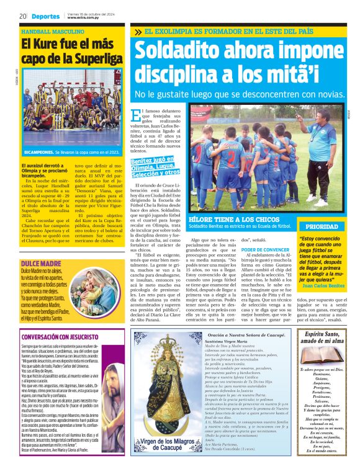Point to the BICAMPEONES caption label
pyautogui.click(x=38, y=152)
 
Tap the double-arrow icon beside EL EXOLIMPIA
pyautogui.click(x=137, y=30)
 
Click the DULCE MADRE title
pyautogui.click(x=40, y=246)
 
